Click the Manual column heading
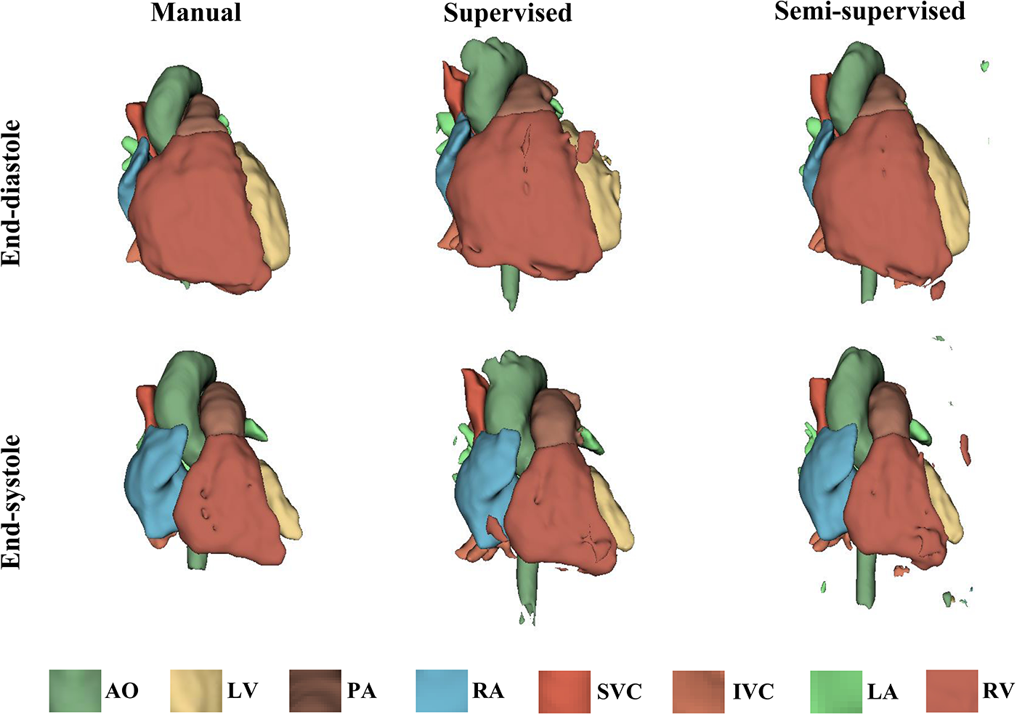196,12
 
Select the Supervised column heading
508,13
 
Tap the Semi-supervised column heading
870,12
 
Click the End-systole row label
12,501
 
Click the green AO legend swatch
75,691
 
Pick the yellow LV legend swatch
196,691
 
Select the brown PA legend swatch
315,691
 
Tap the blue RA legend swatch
442,691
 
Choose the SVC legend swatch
564,691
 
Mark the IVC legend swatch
699,691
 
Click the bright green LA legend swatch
835,691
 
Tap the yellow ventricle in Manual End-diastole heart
265,211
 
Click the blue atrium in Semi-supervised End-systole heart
824,480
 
